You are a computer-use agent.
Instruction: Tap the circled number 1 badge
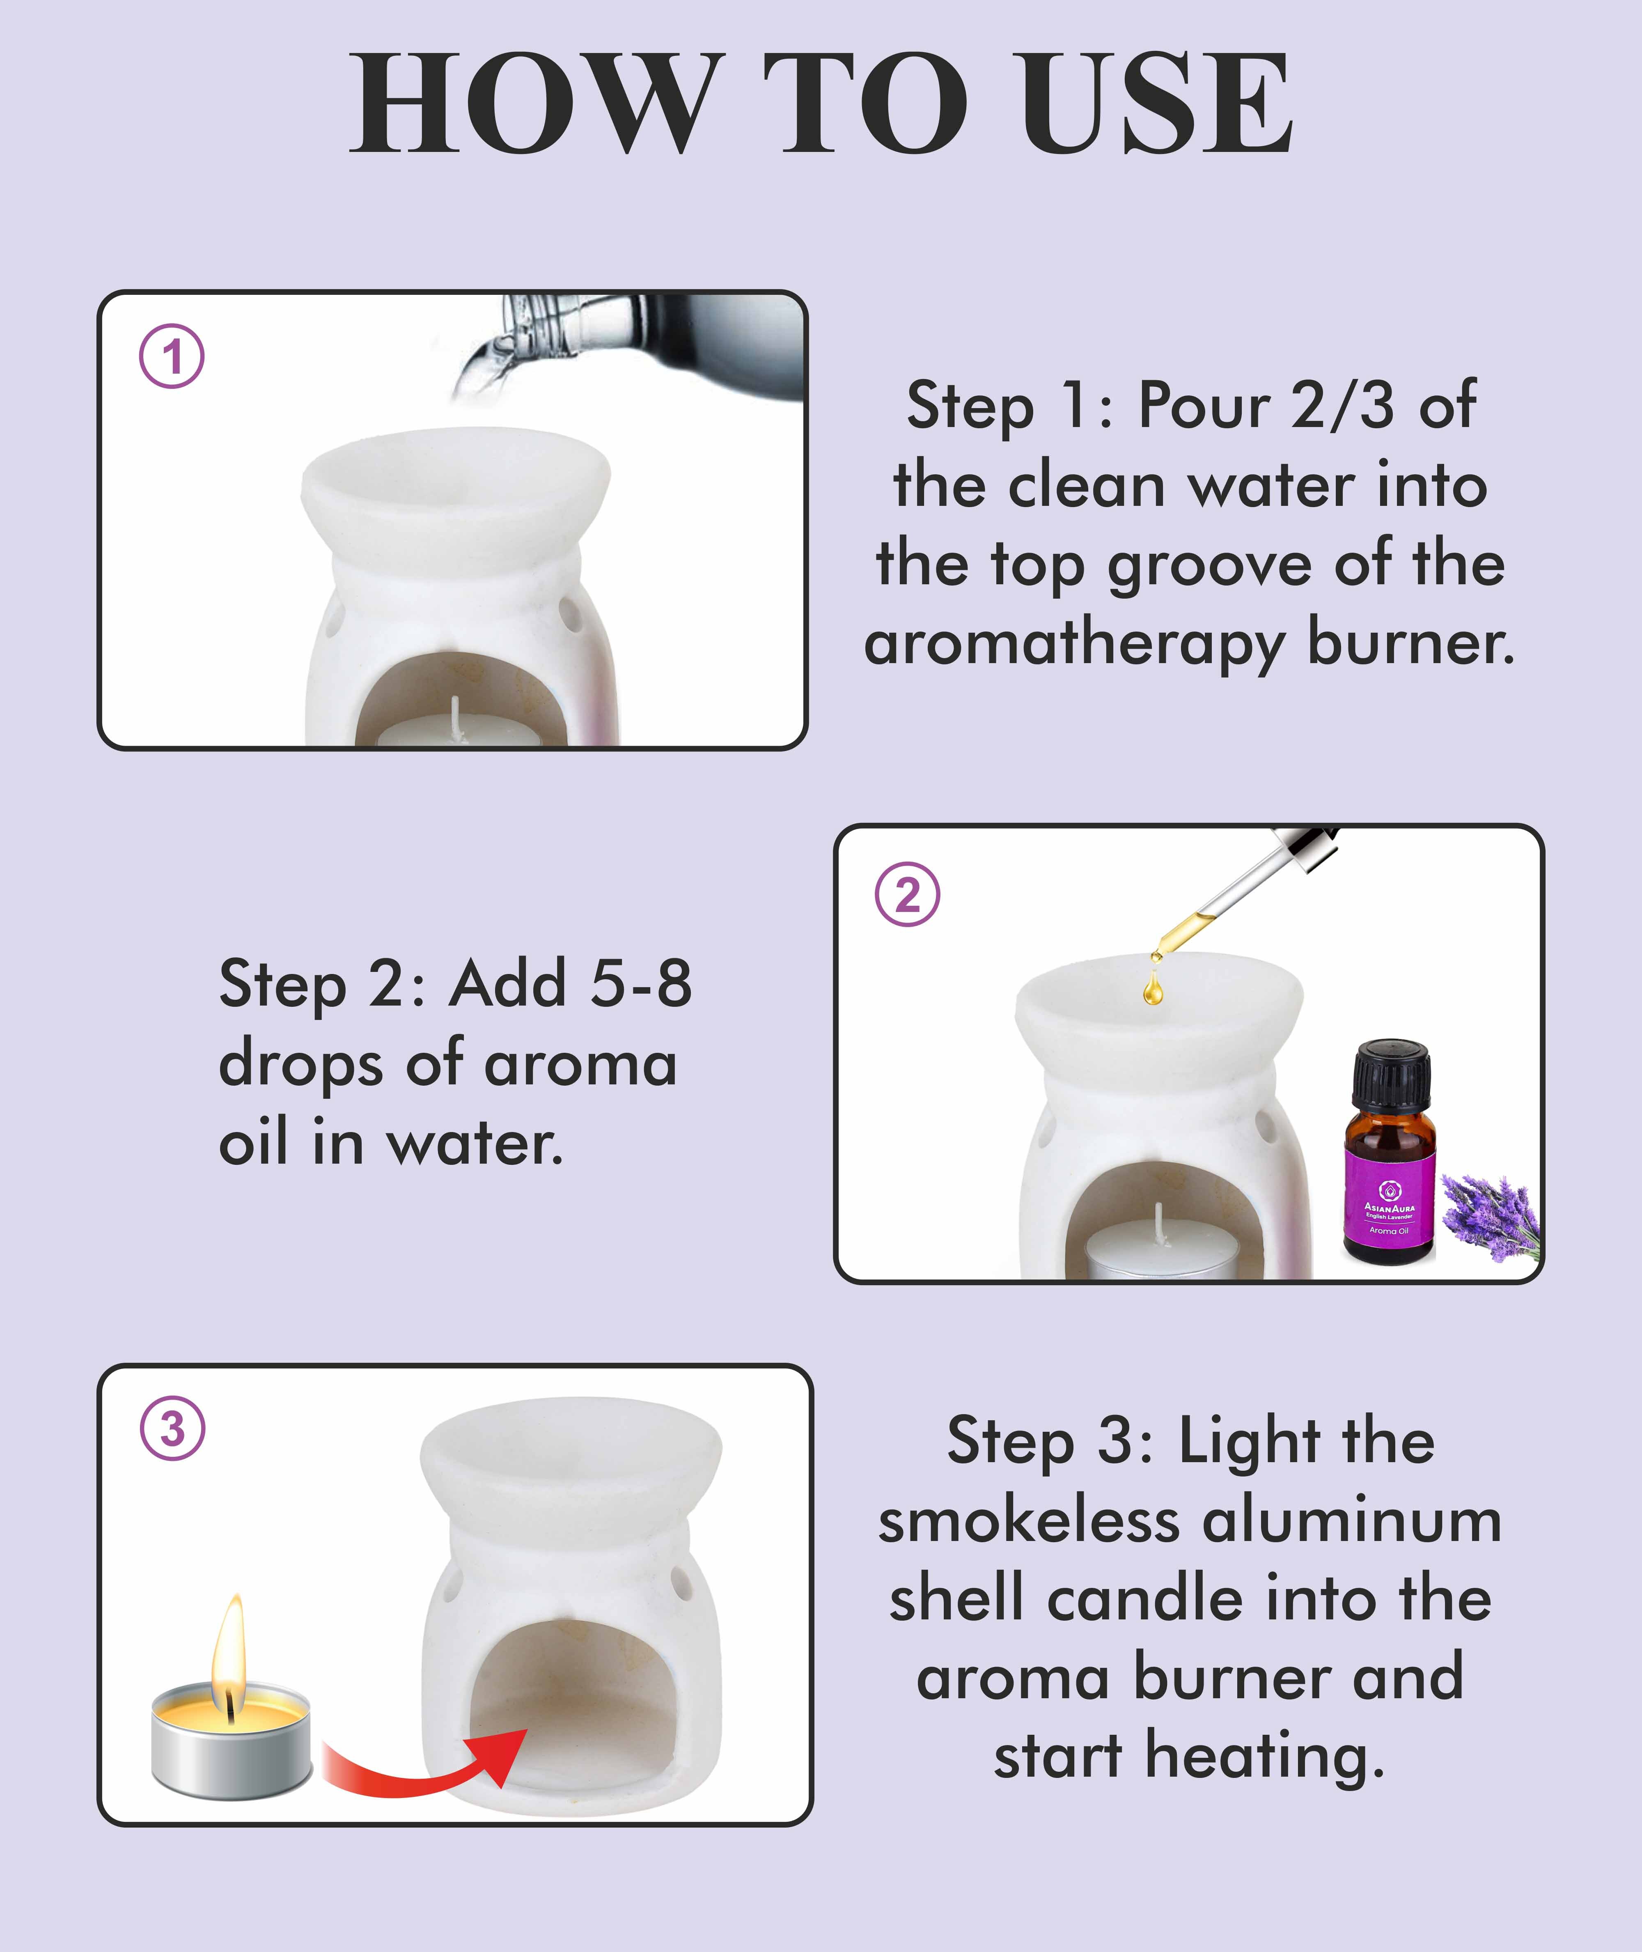pyautogui.click(x=172, y=356)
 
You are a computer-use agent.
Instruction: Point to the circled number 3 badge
pyautogui.click(x=172, y=1428)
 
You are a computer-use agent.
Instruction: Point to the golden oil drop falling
pyautogui.click(x=1152, y=989)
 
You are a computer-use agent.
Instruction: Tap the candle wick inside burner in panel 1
pyautogui.click(x=455, y=717)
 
